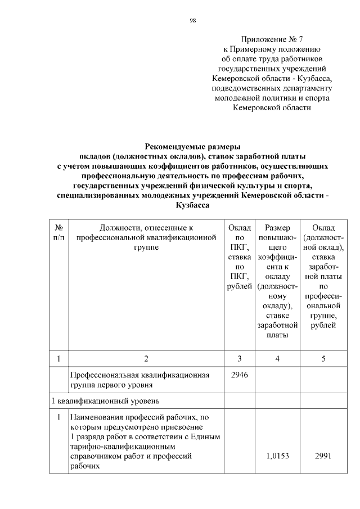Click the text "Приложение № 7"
[x=272, y=39]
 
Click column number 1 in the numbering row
[x=59, y=358]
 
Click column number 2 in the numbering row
[x=146, y=358]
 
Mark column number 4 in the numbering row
[x=276, y=358]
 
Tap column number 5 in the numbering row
[x=323, y=358]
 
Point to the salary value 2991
[x=323, y=456]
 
